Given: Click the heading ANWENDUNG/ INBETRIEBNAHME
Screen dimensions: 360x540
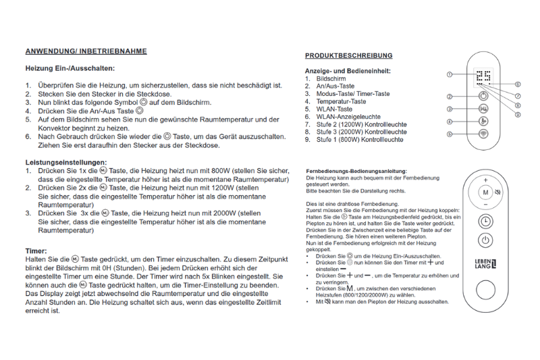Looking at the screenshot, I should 86,51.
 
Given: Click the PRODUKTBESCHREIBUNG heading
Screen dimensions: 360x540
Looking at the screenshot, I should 348,55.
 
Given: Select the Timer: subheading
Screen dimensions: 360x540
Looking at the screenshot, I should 36,251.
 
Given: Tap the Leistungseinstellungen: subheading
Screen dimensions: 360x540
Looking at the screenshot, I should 66,162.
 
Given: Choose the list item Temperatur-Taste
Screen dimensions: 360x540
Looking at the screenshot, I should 342,101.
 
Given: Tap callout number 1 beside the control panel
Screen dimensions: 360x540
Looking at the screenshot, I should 449,74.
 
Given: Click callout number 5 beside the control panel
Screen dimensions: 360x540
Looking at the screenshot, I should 449,134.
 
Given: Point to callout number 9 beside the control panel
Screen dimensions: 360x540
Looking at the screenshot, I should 517,115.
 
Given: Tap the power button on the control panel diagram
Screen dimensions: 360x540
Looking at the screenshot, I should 483,97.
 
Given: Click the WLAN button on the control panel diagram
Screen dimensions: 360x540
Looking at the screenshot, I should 483,134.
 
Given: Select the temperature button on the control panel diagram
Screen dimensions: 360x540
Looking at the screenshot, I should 483,122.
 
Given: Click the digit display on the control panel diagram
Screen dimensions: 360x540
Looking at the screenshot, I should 483,76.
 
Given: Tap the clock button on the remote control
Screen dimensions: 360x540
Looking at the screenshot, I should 485,221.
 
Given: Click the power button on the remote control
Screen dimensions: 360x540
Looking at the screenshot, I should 485,240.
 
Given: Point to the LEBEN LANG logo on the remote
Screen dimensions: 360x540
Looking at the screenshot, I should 485,265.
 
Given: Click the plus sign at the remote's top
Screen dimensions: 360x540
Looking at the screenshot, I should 485,180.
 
